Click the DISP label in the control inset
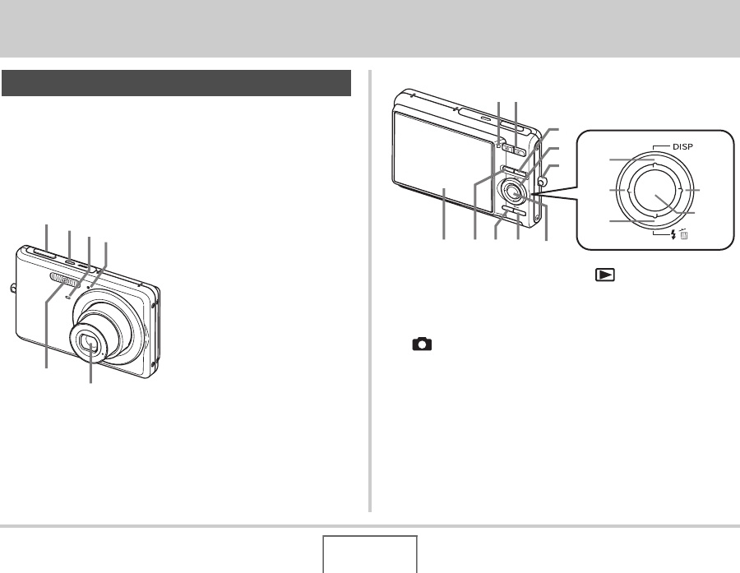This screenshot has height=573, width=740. (x=682, y=147)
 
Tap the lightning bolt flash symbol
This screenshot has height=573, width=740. (x=673, y=234)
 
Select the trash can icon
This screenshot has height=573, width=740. (x=684, y=234)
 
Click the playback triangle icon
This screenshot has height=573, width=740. (x=605, y=275)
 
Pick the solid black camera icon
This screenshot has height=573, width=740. (x=422, y=344)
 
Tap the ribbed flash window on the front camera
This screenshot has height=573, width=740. (x=62, y=280)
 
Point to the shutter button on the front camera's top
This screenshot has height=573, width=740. (x=44, y=253)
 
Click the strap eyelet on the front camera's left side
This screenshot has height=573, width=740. (x=13, y=289)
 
